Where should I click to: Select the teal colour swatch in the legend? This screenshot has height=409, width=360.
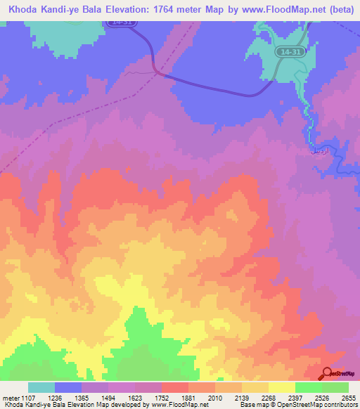click(41, 387)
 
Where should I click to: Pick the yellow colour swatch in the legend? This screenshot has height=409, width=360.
click(281, 387)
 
